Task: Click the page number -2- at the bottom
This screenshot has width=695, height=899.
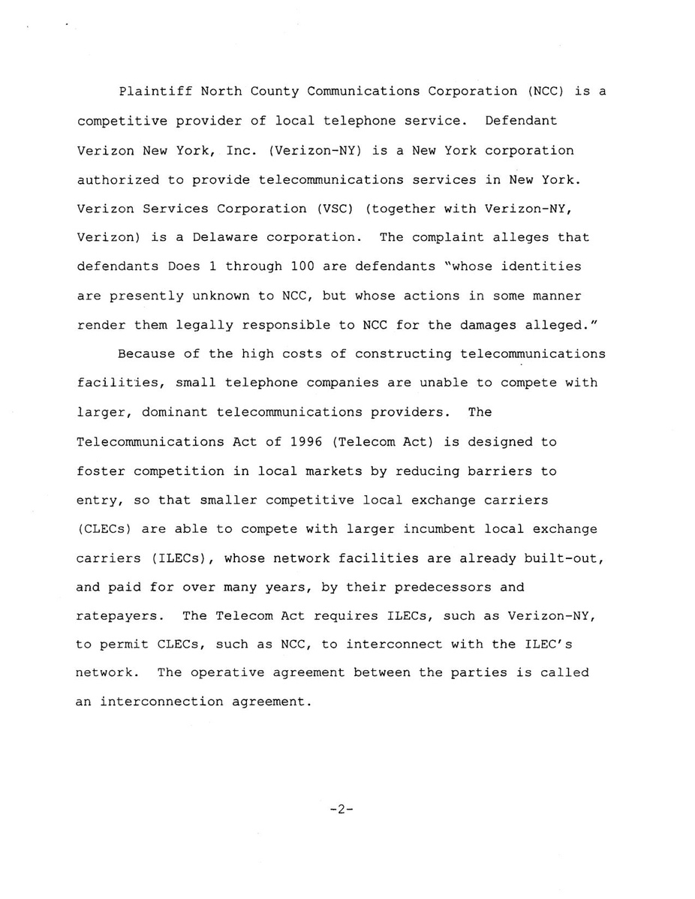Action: [341, 811]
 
